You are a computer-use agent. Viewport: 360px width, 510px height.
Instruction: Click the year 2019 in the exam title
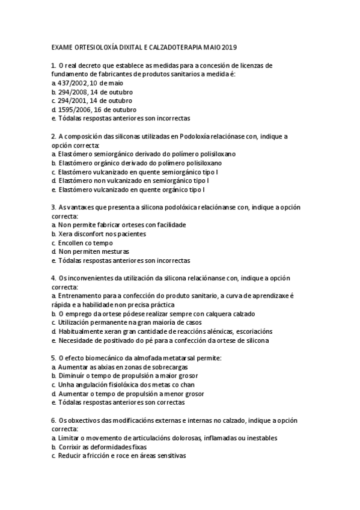pos(231,47)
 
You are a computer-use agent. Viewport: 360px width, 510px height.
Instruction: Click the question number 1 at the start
pos(53,65)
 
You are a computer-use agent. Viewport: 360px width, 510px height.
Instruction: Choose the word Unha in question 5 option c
pos(65,385)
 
